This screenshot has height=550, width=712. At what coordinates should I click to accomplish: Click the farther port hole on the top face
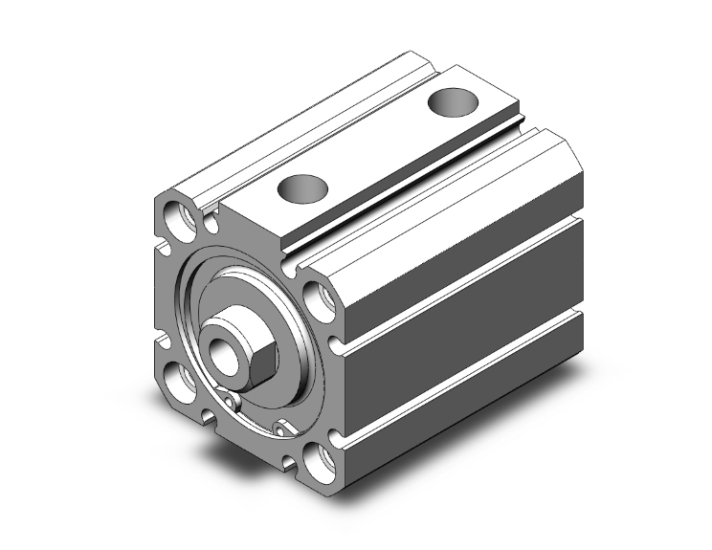pos(452,100)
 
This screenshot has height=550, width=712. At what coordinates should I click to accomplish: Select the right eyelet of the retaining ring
pos(282,427)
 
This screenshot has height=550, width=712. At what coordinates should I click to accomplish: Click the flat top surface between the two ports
pos(378,143)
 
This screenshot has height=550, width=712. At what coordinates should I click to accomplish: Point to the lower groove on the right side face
pos(459,335)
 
